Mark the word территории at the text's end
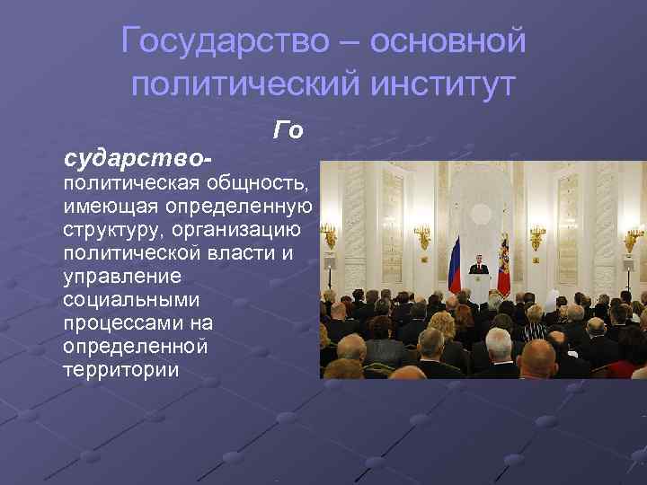click(x=120, y=369)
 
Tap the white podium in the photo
click(x=478, y=288)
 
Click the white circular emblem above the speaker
click(x=478, y=224)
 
